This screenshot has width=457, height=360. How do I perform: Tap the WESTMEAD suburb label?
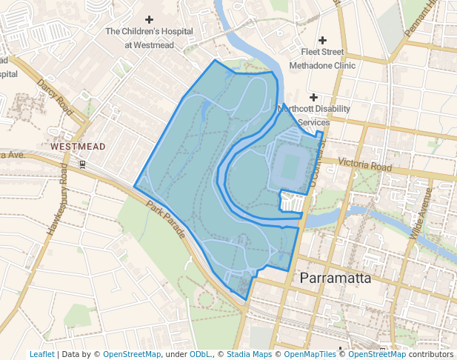(x=78, y=147)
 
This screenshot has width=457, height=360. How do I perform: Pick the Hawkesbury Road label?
(x=59, y=201)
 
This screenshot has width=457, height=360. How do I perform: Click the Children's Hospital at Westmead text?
(x=149, y=38)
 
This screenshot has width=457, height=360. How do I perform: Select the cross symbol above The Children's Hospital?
(x=149, y=19)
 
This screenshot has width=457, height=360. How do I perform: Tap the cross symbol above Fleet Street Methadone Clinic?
(x=321, y=39)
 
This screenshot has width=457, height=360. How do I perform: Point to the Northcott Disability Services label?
(x=313, y=115)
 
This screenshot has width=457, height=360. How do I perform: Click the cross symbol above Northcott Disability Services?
(x=313, y=97)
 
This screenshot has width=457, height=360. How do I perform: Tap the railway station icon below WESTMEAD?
(x=82, y=163)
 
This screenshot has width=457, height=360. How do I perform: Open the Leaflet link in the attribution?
(x=41, y=354)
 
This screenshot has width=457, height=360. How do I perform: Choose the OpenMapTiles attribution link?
(x=310, y=354)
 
